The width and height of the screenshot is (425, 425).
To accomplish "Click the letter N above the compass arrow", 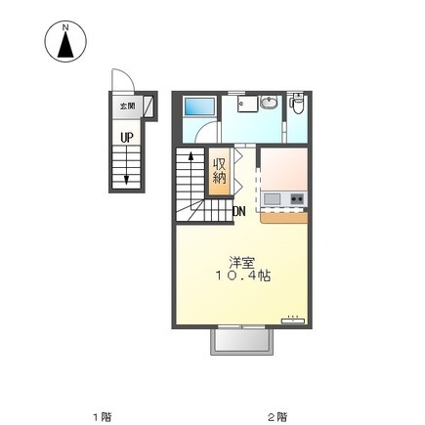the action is click(x=65, y=27).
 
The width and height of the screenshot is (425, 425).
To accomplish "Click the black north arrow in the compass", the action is click(x=65, y=45).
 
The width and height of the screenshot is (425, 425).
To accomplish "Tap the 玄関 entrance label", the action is click(x=127, y=106).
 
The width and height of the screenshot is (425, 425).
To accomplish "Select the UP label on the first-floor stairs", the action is click(x=127, y=138).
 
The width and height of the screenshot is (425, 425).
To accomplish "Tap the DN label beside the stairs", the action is click(x=239, y=212).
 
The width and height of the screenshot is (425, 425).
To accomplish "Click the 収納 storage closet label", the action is click(x=219, y=171).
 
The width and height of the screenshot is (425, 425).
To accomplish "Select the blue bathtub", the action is click(x=199, y=106).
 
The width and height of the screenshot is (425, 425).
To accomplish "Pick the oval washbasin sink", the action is click(x=269, y=103).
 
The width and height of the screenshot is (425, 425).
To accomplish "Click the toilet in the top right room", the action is click(x=297, y=104).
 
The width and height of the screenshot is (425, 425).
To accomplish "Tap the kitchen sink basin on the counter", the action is click(x=272, y=198).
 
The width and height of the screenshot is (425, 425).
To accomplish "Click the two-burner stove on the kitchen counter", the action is click(x=297, y=198).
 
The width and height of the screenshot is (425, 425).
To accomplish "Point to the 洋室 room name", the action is click(x=241, y=263).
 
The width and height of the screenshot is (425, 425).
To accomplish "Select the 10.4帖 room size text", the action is click(x=243, y=276).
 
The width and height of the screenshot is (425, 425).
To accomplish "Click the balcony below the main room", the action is click(x=242, y=342).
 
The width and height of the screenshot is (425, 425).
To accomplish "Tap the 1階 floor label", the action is click(x=103, y=416).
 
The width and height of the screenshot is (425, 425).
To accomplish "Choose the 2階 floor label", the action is click(x=277, y=416).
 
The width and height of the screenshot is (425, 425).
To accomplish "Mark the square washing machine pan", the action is click(x=247, y=104).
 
